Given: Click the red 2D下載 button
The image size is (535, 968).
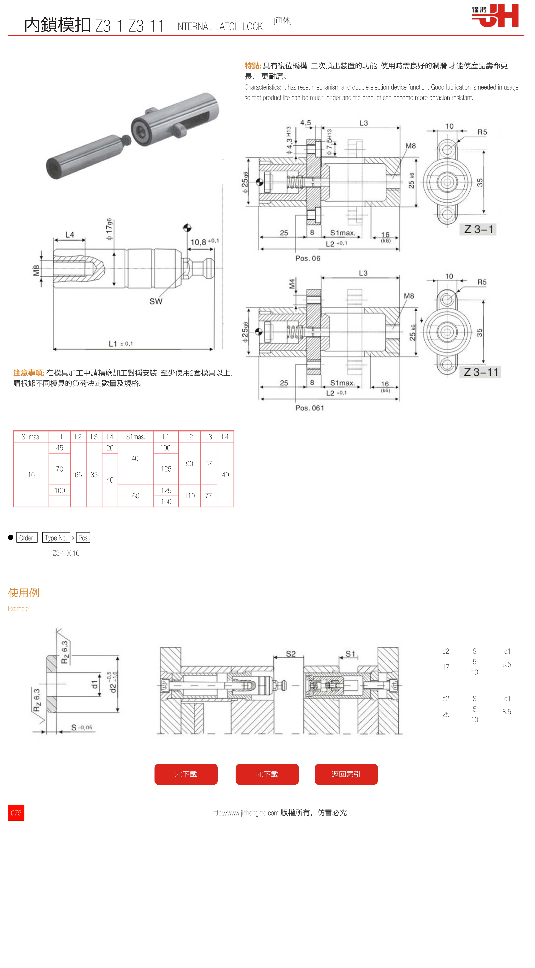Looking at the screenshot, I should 186,774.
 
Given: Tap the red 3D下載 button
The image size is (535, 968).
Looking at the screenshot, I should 267,774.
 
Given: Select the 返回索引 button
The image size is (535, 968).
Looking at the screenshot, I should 346,774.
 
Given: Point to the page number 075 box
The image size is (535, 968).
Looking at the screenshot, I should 16,813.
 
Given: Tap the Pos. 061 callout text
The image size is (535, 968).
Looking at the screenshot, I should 309,408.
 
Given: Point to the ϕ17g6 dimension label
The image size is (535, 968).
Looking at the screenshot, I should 109,229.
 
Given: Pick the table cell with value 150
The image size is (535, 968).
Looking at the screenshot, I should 166,501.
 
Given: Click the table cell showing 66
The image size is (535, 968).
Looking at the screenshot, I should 78,475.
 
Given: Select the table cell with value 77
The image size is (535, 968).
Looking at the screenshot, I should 209,496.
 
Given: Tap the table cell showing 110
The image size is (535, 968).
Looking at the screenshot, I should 189,496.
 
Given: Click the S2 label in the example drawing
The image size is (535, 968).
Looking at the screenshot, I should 291,654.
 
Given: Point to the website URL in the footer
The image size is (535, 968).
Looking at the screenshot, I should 245,813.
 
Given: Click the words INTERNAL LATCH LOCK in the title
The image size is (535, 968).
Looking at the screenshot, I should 219,27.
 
